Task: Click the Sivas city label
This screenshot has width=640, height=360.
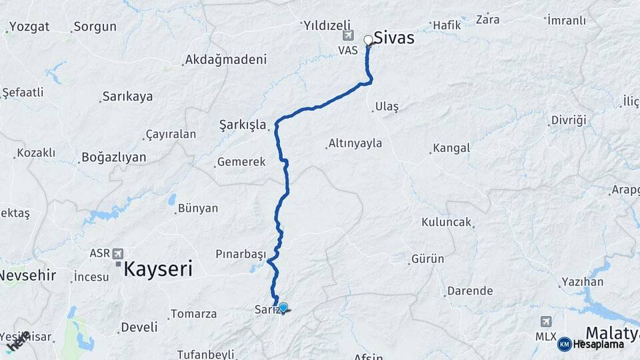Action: pos(393,38)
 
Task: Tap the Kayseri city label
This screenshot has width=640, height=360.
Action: pos(159,269)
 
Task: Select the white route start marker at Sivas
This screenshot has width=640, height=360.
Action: pos(368,40)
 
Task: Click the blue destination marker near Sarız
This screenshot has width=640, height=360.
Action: pos(283,307)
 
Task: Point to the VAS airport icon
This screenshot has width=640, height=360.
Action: pos(347,36)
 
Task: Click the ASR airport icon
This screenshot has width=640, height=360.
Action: pos(118,253)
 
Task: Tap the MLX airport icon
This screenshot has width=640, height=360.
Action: pos(546,322)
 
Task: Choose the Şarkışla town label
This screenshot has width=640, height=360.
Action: pos(243,125)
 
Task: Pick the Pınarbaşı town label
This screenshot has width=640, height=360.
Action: pos(241,254)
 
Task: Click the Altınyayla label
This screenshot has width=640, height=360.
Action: pos(355,143)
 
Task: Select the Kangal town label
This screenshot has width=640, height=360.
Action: pos(451,148)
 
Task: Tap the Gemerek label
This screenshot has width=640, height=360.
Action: pos(241,162)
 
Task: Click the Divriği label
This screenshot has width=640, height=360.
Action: pos(568,120)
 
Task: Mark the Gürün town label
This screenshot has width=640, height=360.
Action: pos(427,259)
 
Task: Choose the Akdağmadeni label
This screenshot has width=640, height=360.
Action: pos(226,59)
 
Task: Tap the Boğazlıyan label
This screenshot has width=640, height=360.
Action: pos(113,158)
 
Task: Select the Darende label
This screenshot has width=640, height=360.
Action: pos(470,291)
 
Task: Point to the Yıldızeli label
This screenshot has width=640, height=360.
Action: pos(328,25)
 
